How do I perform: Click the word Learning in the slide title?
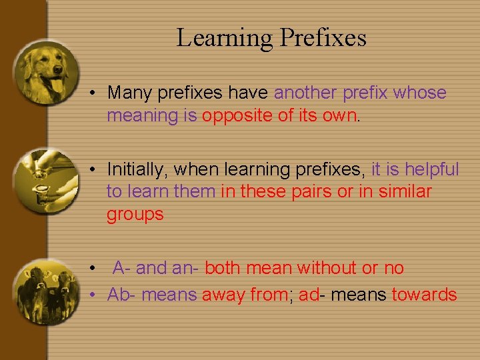click(224, 37)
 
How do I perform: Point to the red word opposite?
click(237, 115)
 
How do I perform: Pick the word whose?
click(420, 93)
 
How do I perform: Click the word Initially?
click(135, 170)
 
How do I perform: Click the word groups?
click(135, 215)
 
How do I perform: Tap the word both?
click(223, 268)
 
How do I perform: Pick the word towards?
click(424, 295)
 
